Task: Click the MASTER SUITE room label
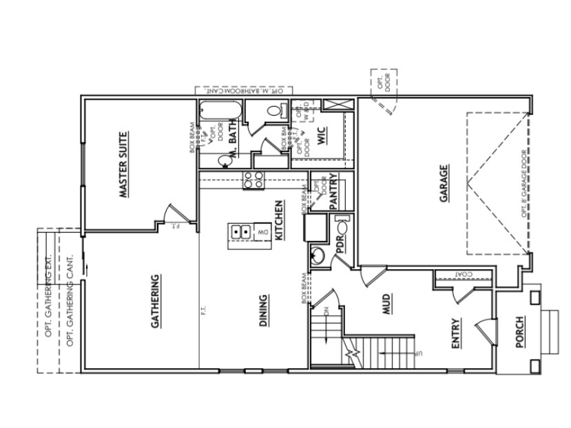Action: pos(123,165)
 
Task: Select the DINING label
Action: pos(264,311)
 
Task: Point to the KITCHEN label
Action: pos(279,220)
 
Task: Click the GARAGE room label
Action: pos(444,184)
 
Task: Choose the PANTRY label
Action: pos(333,191)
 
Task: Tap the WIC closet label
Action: pos(321,133)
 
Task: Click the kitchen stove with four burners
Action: pos(253,180)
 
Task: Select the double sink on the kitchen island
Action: pos(240,232)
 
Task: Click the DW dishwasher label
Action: pos(262,233)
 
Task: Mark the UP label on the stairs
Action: pos(417,354)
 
